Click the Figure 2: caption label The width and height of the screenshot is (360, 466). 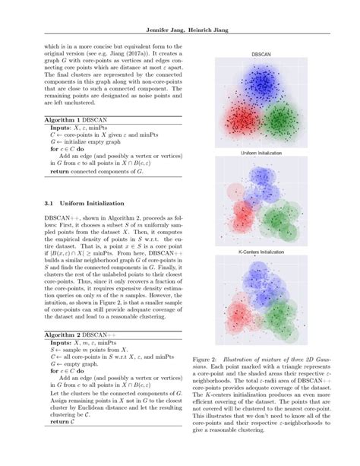pyautogui.click(x=210, y=356)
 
